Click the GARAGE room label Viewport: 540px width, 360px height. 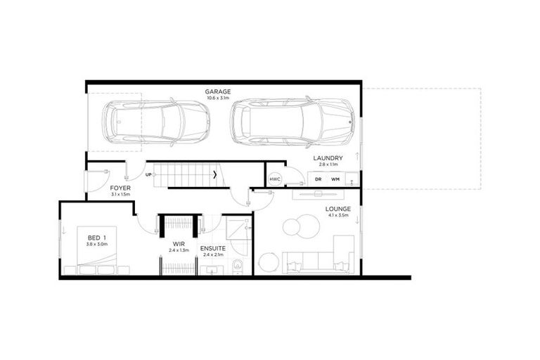tap(217, 92)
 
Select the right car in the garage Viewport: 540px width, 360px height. tap(291, 122)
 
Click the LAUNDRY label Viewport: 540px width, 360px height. tap(328, 157)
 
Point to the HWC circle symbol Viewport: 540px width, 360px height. tap(275, 179)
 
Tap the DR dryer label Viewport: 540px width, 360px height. tap(318, 179)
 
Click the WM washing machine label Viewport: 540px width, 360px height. tap(335, 179)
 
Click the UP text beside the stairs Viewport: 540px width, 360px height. tap(148, 174)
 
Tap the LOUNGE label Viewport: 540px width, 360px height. tap(338, 209)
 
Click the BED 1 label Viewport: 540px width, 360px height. tap(96, 237)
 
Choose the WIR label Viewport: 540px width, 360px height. tap(178, 244)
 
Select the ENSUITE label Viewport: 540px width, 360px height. tap(212, 248)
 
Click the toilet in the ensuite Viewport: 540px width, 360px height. tap(238, 266)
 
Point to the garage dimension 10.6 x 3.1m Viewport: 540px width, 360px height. tap(217, 98)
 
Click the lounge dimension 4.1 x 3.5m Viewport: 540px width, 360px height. tap(338, 216)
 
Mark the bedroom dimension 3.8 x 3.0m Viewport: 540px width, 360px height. tap(96, 244)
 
